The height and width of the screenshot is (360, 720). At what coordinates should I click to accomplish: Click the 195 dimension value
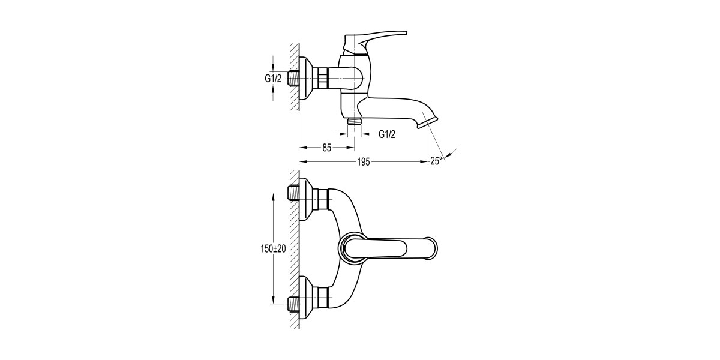(x=364, y=161)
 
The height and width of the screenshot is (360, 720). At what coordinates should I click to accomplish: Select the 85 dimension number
(x=327, y=148)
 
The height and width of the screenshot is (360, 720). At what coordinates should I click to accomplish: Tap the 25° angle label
(x=436, y=161)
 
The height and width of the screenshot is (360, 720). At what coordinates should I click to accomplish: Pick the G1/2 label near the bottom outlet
(x=387, y=134)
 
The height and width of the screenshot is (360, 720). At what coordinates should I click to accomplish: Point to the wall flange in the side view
(x=307, y=79)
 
